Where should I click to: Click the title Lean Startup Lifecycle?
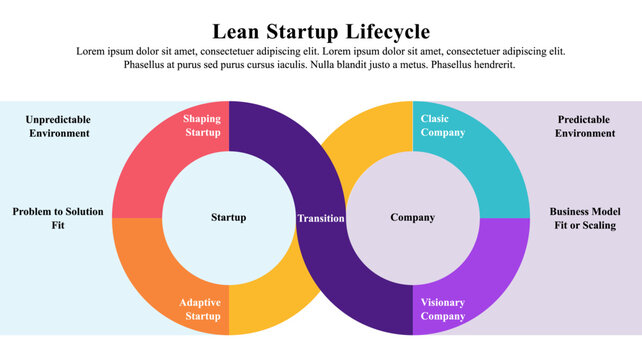pos(321,31)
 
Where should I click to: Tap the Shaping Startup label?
pos(202,126)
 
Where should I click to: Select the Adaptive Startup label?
pos(201,309)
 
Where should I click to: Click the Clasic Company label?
pos(442,126)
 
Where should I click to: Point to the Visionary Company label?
pos(443,309)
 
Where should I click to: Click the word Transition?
pos(321,218)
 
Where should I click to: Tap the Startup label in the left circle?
pos(229,217)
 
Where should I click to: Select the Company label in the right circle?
pos(412,217)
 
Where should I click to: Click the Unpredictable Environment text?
pos(58,126)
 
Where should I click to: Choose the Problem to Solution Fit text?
pos(58,218)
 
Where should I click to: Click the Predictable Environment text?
pos(585,126)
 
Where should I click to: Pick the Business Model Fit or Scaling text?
pos(585,218)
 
